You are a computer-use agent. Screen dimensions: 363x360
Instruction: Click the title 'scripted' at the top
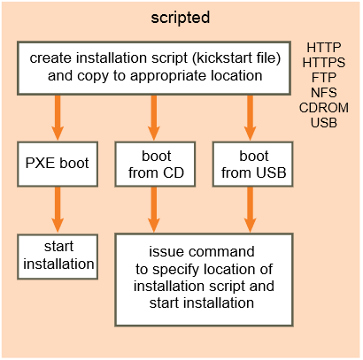click(181, 18)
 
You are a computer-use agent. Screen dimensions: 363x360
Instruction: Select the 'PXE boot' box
click(58, 164)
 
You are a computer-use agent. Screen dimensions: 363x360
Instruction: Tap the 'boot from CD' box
click(155, 164)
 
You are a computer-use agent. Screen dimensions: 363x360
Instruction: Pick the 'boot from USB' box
click(253, 164)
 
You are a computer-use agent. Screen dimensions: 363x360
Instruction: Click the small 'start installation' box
click(58, 257)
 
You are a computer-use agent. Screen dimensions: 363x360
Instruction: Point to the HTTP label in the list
click(324, 48)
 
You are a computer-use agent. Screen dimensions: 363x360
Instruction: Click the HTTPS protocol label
click(324, 63)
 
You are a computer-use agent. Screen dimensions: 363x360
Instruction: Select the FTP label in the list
click(324, 78)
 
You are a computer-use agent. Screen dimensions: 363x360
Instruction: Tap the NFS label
click(324, 93)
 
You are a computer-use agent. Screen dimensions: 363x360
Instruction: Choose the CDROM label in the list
click(324, 108)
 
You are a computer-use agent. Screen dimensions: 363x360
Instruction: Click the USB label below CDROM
click(324, 123)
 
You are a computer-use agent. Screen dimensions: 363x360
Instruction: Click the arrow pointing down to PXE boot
click(58, 118)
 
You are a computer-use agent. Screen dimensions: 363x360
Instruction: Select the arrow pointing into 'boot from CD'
click(153, 118)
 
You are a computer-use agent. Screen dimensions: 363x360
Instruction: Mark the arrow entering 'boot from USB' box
click(250, 118)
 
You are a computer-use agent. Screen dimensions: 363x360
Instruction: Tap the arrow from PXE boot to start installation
click(58, 210)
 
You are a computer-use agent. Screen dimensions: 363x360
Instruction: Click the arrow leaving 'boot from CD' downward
click(153, 210)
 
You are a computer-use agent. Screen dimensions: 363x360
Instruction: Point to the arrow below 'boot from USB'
click(250, 210)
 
